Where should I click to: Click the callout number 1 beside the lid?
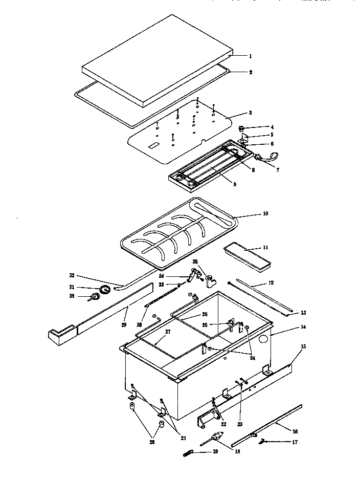click(x=251, y=56)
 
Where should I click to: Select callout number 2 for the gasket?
click(x=251, y=72)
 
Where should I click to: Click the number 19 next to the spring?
click(x=215, y=452)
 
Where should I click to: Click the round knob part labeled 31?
click(x=104, y=290)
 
